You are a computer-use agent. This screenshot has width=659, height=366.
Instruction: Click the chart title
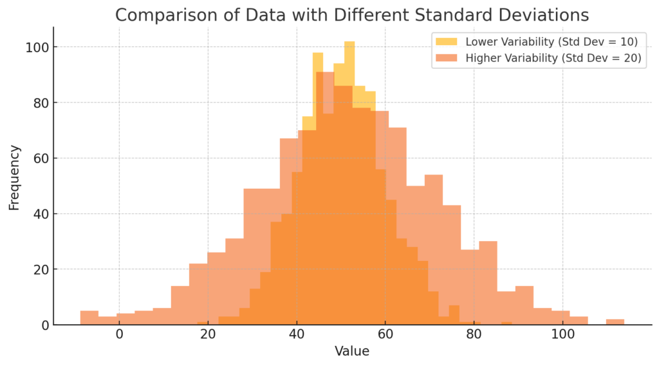[x=351, y=15]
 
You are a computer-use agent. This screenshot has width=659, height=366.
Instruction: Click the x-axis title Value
[x=351, y=352]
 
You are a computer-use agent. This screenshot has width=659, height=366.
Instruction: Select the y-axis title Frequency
[x=14, y=177]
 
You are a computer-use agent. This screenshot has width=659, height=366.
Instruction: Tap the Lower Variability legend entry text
[x=551, y=42]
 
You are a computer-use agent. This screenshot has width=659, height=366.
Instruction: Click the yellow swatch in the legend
[x=446, y=42]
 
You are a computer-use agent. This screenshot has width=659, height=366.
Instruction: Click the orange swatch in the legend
[x=446, y=58]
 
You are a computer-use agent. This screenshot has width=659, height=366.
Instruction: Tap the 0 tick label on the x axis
[x=119, y=335]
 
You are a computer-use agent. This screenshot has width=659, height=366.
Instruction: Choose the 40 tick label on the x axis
[x=296, y=335]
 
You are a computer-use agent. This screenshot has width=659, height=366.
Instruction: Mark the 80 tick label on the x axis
[x=474, y=335]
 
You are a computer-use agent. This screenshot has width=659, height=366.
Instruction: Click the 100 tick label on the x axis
[x=562, y=335]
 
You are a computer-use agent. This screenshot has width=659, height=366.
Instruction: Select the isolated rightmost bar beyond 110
[x=615, y=322]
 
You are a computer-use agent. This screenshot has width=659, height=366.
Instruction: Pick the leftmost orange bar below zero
[x=89, y=318]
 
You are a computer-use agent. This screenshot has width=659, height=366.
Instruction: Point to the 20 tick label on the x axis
[x=207, y=335]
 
